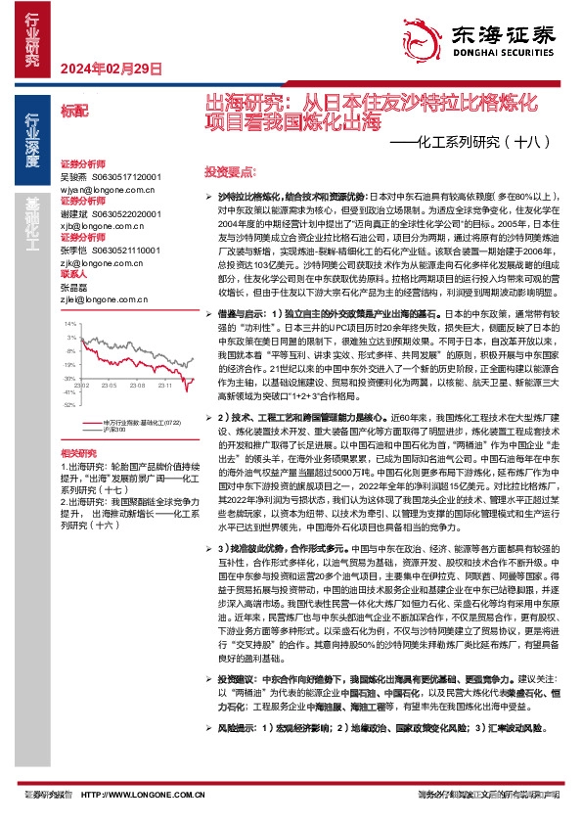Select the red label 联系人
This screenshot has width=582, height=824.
(73, 275)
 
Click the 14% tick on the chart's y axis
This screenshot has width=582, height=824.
(69, 322)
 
